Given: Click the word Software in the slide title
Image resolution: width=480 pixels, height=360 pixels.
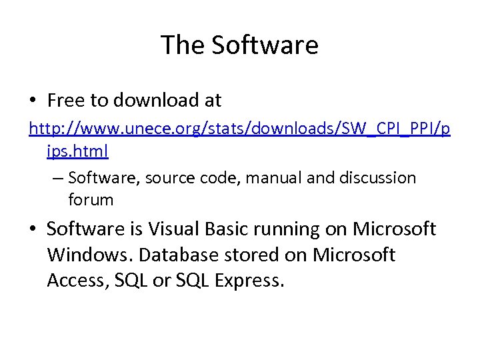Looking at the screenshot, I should [265, 45].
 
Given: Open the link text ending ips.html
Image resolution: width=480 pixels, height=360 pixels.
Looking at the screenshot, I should [77, 151].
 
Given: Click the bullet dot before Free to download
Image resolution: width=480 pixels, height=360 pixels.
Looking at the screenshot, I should [33, 101].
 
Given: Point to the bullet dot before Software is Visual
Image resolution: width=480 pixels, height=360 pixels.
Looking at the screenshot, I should [33, 229].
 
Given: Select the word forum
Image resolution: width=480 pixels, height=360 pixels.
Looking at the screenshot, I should [91, 199].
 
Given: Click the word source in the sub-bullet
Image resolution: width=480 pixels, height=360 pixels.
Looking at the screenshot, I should [161, 179].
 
